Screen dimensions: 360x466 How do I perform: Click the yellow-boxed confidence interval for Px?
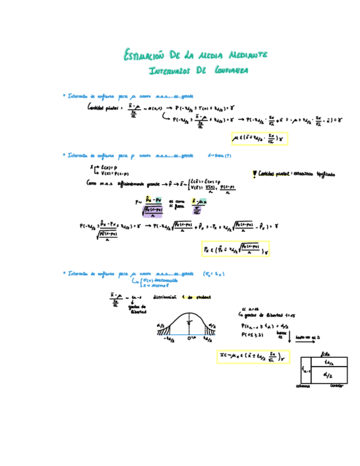235,250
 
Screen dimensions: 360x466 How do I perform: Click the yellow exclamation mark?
253,174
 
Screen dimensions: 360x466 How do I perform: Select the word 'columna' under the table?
303,385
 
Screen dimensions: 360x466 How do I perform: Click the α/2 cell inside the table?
329,375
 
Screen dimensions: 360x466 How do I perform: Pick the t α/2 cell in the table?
329,362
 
